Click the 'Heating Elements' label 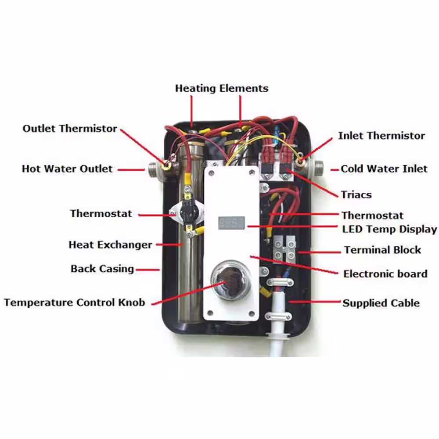[x=221, y=89]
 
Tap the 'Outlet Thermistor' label [x=70, y=129]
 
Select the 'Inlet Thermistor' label [x=381, y=136]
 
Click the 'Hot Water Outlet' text [x=67, y=169]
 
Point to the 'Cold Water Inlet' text [x=384, y=169]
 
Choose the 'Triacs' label [x=356, y=194]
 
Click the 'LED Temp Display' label [x=389, y=229]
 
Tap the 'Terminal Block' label [x=382, y=250]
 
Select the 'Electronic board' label [x=385, y=273]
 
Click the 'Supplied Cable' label [x=381, y=303]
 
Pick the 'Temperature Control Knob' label [x=75, y=302]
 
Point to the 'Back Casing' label [x=102, y=269]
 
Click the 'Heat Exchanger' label [x=110, y=245]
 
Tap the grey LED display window [x=231, y=223]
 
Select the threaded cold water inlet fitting [x=318, y=168]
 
